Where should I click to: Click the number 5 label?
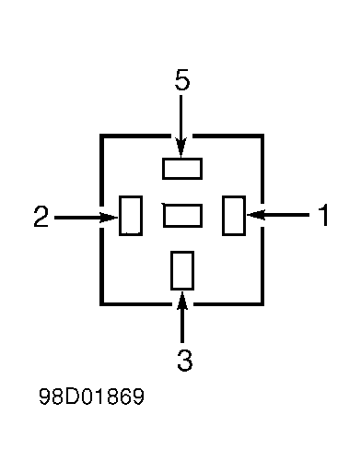click(182, 80)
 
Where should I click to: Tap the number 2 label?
click(41, 217)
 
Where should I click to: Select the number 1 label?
click(323, 215)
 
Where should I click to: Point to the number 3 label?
click(185, 360)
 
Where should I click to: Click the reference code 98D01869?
click(91, 397)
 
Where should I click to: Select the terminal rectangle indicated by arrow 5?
click(182, 169)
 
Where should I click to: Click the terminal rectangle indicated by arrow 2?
click(131, 216)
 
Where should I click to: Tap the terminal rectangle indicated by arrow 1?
click(234, 216)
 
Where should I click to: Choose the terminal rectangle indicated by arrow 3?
click(182, 270)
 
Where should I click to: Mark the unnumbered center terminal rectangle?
click(182, 216)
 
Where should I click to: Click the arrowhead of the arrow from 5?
click(180, 148)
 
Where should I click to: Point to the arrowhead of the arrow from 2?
click(109, 218)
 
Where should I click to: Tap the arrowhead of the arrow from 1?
click(256, 215)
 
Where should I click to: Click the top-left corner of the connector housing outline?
click(101, 136)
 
